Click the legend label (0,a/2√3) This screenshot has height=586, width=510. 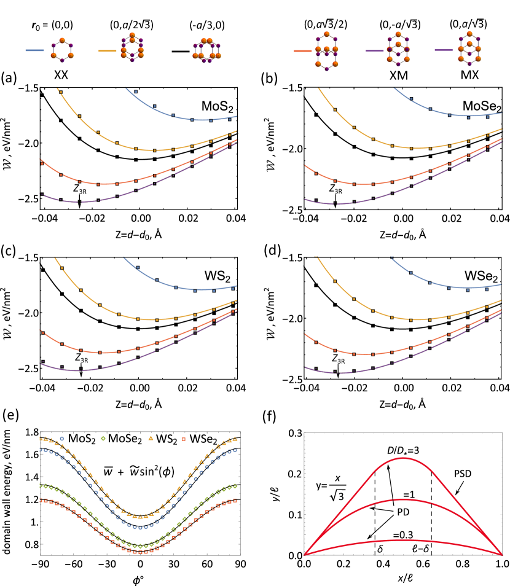[x=131, y=25]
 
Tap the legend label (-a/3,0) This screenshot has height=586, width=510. [x=206, y=26]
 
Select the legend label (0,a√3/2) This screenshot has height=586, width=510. [x=325, y=25]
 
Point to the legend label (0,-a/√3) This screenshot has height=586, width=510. [x=399, y=25]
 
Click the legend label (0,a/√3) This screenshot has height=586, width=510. [x=468, y=25]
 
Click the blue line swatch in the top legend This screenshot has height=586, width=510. [x=34, y=50]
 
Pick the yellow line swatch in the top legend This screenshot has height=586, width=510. [x=107, y=50]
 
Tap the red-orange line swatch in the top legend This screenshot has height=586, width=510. [x=302, y=51]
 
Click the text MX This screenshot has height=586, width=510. [x=469, y=75]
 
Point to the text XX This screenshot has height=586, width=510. [x=61, y=75]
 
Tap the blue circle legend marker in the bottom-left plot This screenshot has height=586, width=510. [x=61, y=439]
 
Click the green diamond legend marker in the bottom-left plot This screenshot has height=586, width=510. [x=103, y=439]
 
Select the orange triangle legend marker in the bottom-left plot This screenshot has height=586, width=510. [x=151, y=439]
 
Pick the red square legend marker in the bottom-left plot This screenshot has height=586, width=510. [x=183, y=439]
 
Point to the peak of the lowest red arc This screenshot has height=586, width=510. [x=402, y=540]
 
